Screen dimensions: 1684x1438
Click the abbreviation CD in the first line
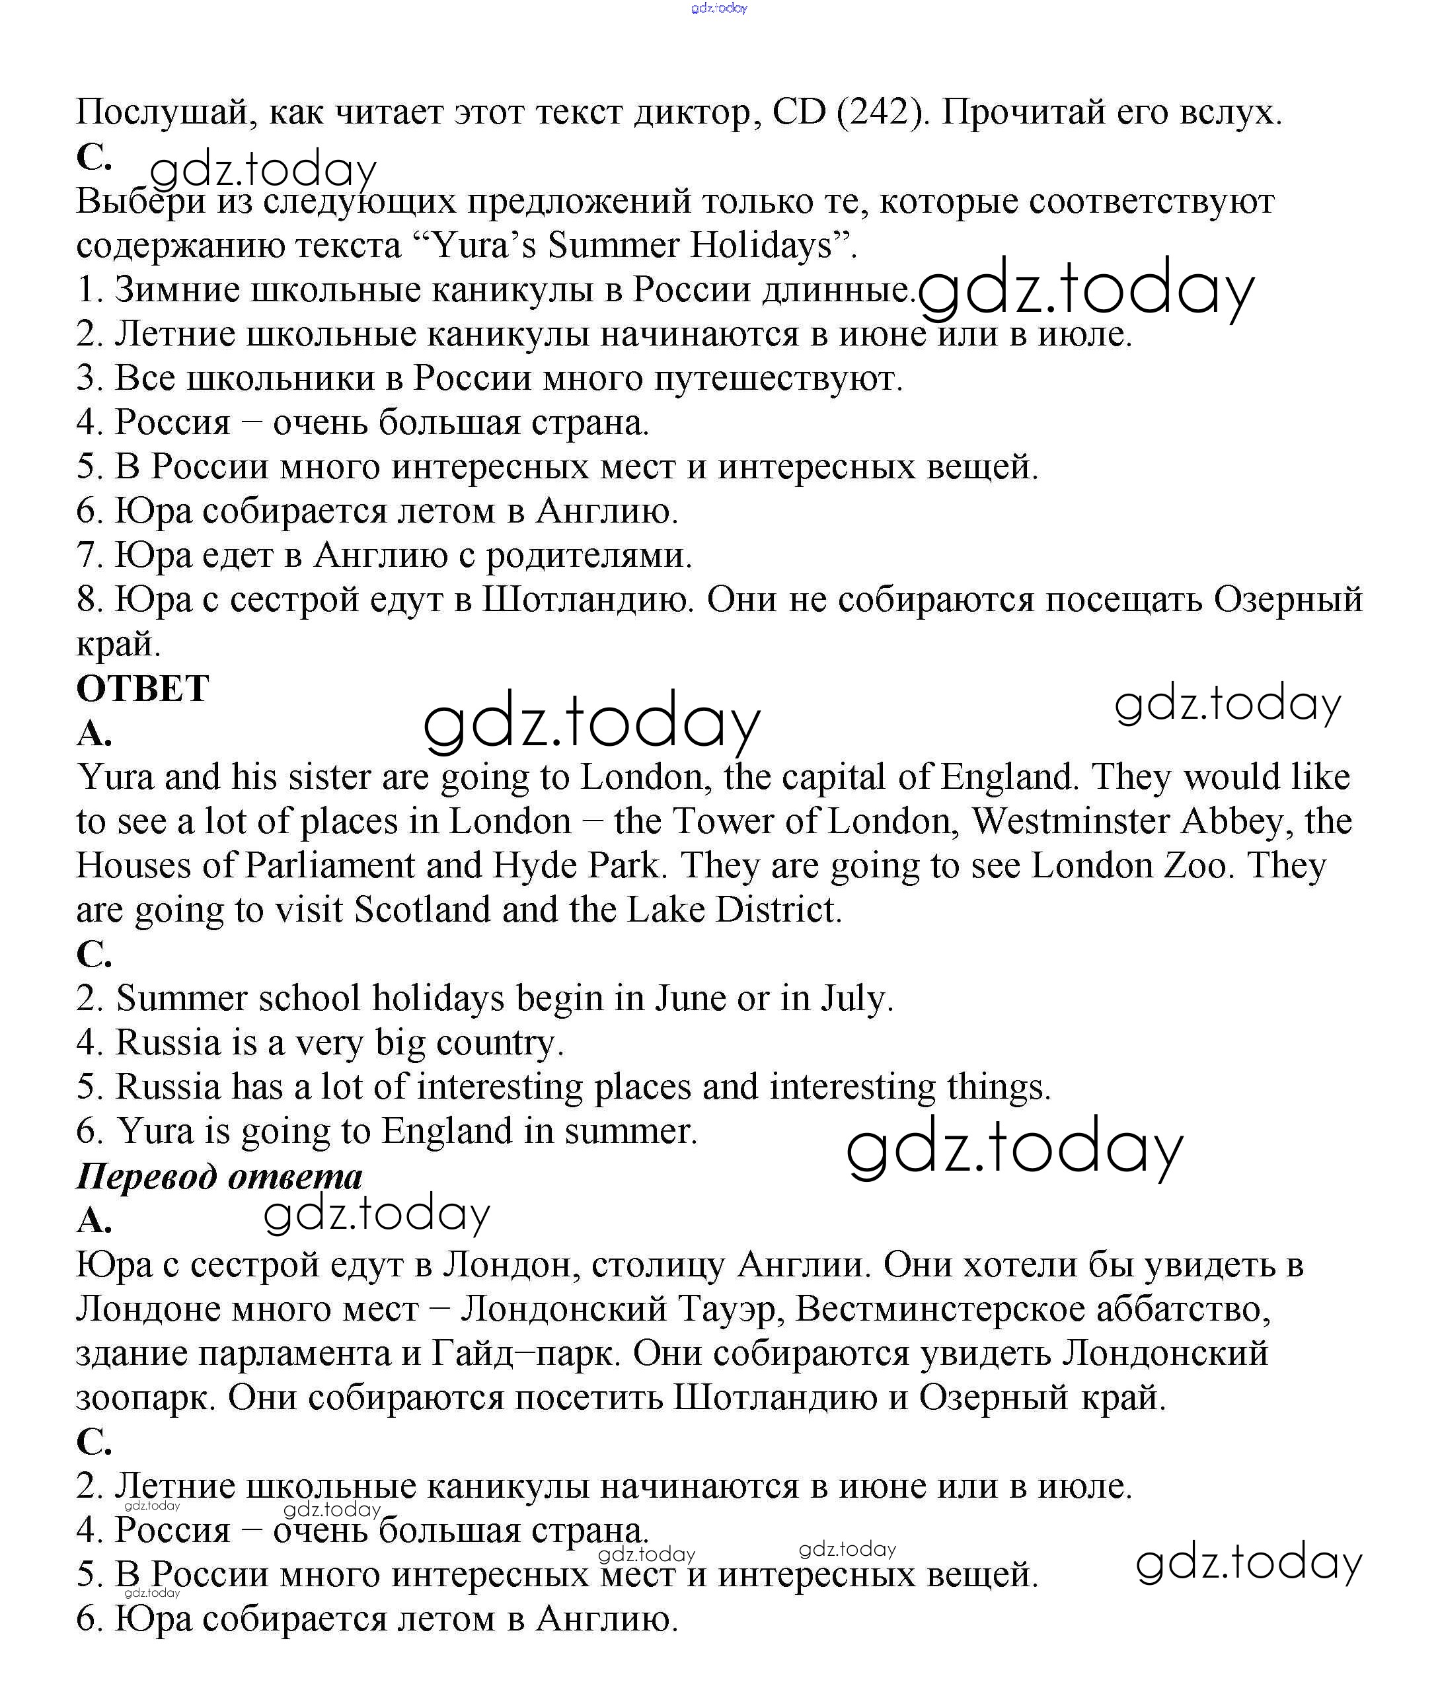pyautogui.click(x=799, y=112)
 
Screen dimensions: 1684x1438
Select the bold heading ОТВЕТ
pyautogui.click(x=143, y=688)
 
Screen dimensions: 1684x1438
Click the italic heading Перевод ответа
pyautogui.click(x=219, y=1176)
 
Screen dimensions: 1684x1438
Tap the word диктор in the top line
pyautogui.click(x=697, y=112)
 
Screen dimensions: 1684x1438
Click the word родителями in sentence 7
pyautogui.click(x=589, y=555)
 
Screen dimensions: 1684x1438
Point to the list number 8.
pyautogui.click(x=88, y=600)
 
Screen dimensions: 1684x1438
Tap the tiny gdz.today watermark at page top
pyautogui.click(x=718, y=8)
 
